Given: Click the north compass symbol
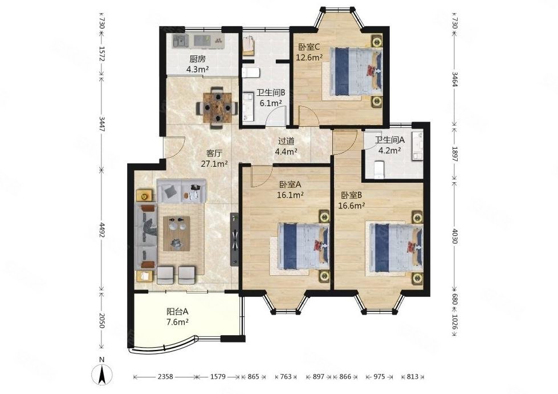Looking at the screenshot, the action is click(102, 375).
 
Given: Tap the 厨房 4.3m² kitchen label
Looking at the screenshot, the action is click(198, 64).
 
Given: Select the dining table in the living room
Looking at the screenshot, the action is click(217, 108).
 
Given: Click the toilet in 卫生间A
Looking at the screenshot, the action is click(380, 168).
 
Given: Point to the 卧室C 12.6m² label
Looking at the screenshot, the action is click(309, 52).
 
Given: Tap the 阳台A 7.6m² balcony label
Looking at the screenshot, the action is click(177, 316).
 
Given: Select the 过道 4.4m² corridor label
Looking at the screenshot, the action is click(286, 146).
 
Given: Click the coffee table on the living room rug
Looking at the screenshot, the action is click(176, 233).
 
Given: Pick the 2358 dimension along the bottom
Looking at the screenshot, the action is click(165, 376).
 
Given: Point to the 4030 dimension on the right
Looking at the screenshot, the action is click(454, 235).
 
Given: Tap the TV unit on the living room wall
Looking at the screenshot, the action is click(234, 239).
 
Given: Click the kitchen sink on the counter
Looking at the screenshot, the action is click(181, 41).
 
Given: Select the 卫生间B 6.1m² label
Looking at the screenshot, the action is click(271, 98).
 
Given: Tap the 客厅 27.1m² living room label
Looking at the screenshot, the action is click(214, 158).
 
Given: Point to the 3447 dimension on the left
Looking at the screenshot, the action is click(101, 124).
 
